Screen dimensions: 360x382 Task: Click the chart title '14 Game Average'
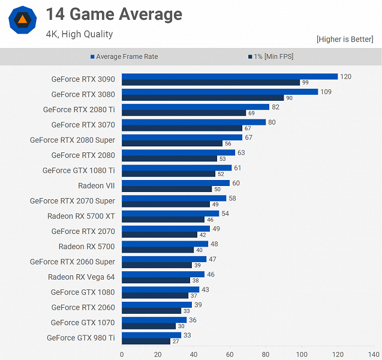coord(114,14)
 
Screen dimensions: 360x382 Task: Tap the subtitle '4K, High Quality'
coord(79,34)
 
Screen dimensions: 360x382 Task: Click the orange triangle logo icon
coord(22,20)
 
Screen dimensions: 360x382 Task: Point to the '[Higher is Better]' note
coord(345,40)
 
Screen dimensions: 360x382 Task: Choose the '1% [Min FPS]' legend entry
coord(270,57)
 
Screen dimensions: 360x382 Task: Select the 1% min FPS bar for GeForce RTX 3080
coord(203,98)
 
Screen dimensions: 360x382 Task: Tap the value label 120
coord(345,76)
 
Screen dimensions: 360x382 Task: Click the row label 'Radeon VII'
coord(96,186)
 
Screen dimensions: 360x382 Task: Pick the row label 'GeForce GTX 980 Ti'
coord(80,338)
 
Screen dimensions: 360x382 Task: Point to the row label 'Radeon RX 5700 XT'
coord(81,216)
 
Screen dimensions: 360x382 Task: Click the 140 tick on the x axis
coord(374,354)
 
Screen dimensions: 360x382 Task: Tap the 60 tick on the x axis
coord(230,354)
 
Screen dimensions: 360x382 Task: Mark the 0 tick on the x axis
coord(122,354)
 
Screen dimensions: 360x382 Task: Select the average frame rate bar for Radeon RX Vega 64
coord(163,274)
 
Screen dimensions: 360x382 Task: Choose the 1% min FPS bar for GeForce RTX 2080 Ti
coord(184,113)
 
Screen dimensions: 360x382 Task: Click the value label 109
coord(326,92)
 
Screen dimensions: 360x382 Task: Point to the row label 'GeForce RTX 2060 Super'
coord(72,262)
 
